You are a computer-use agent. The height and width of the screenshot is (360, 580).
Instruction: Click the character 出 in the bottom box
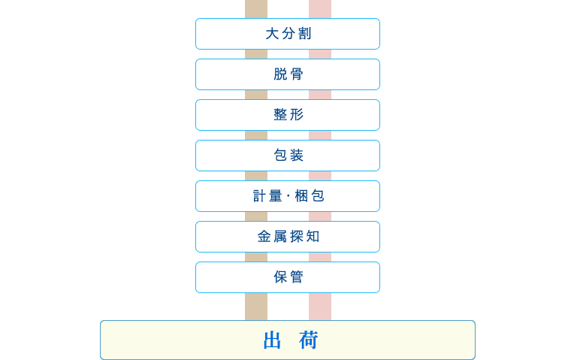click(x=272, y=340)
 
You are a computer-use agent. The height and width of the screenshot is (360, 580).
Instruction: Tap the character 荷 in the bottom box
click(x=309, y=340)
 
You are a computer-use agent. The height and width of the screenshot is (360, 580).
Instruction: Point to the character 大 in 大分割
click(x=272, y=34)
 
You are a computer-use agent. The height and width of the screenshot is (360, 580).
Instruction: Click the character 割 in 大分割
click(x=304, y=34)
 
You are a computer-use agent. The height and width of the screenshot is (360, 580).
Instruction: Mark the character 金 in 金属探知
click(x=264, y=237)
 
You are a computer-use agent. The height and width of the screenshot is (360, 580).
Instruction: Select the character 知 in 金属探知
click(x=313, y=237)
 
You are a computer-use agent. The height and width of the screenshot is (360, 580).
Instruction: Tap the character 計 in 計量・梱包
click(x=260, y=196)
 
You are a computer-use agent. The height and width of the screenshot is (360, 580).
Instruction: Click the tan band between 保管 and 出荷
click(x=256, y=307)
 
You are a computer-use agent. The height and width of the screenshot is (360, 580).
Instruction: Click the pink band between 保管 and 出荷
click(x=320, y=307)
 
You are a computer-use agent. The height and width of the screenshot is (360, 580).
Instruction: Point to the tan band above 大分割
click(x=256, y=8)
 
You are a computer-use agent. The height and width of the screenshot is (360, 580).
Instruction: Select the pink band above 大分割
click(x=320, y=8)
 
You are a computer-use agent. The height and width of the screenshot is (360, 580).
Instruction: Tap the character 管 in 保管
click(x=297, y=277)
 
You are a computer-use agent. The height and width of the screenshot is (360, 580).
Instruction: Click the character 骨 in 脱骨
click(x=297, y=74)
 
